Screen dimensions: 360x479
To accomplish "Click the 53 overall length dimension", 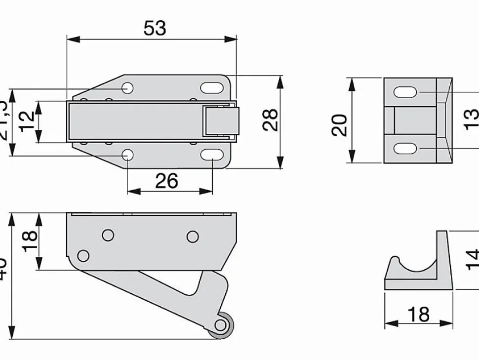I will coord(155,29).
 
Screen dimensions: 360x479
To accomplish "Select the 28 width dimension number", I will coord(270,120).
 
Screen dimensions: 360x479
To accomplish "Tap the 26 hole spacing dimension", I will coord(166,181).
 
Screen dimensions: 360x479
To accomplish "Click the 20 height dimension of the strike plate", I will coord(340,124).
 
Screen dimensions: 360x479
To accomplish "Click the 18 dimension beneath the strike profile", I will coord(419,314).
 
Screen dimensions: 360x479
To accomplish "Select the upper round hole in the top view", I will coord(127,88).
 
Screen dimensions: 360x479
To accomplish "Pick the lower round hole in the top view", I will coord(127,155).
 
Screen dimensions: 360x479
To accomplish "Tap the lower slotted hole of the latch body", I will coord(211,155).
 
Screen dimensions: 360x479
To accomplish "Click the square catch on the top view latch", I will coord(220,121).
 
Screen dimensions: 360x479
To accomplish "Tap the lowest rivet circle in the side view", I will coord(83,256).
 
